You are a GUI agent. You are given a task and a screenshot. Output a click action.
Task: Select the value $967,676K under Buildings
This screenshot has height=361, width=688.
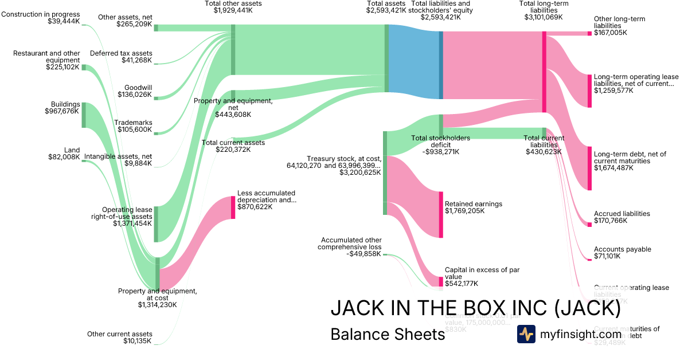point(62,111)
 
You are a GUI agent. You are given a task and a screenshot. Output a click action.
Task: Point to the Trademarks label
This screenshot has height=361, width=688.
point(133,123)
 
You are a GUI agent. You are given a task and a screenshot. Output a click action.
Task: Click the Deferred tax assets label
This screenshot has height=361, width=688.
point(121,53)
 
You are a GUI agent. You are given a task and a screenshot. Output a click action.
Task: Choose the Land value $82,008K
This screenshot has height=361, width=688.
point(64,157)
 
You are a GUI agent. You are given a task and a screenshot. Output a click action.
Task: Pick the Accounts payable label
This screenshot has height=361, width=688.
point(623,249)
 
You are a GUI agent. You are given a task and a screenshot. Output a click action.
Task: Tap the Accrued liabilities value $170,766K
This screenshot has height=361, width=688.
point(611,221)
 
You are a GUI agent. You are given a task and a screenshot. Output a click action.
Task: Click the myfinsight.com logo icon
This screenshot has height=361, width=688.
point(526,334)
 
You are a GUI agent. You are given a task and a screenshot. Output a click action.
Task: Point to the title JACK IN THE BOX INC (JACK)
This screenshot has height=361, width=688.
point(475,308)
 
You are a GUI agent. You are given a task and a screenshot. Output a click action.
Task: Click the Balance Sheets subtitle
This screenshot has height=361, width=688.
point(388,334)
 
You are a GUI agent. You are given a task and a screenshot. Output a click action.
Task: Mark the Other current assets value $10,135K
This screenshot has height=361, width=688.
point(137,341)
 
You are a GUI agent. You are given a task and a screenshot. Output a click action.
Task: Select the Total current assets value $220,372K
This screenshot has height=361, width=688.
point(233,150)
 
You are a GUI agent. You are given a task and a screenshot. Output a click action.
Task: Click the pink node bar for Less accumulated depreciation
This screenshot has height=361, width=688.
point(233,207)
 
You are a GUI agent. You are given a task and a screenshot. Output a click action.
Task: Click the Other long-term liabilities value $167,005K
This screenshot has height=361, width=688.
point(611,33)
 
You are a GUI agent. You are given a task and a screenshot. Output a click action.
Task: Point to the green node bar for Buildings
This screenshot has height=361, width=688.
point(84,115)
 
